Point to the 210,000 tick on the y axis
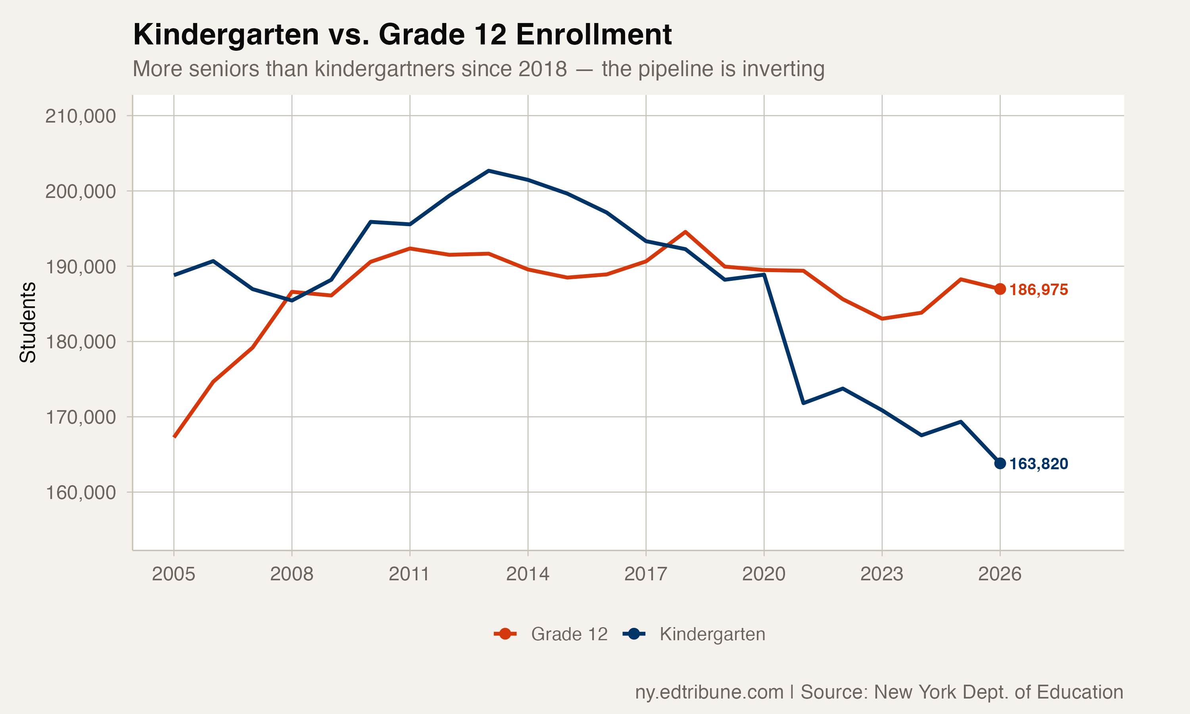(x=81, y=116)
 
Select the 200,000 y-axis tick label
(x=81, y=192)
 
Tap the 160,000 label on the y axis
(x=81, y=493)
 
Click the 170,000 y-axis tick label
(x=81, y=417)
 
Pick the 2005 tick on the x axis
(x=174, y=574)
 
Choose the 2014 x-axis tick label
(x=528, y=574)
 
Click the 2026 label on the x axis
(x=1000, y=574)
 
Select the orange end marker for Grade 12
(x=1000, y=289)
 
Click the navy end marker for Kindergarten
(x=1000, y=463)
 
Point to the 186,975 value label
(x=1038, y=290)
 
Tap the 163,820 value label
(x=1038, y=464)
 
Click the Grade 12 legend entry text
(x=569, y=634)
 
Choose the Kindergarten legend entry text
(x=712, y=634)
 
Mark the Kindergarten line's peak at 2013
(x=489, y=171)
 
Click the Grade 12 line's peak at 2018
(x=685, y=232)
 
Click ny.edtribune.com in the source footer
(x=709, y=692)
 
